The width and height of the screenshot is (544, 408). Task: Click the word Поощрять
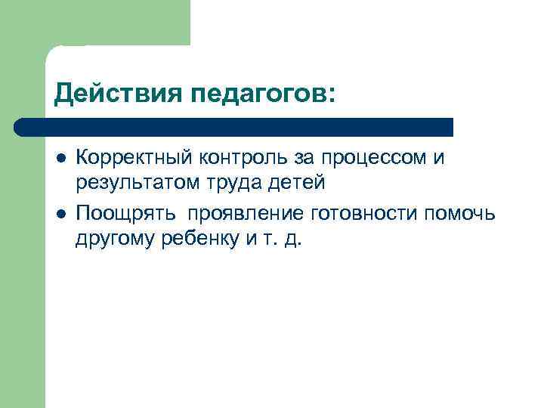(122, 214)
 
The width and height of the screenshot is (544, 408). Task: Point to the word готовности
(363, 214)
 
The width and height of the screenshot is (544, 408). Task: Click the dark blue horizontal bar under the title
(234, 126)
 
